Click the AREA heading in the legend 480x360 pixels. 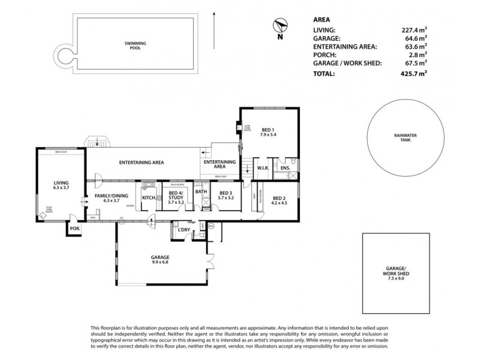(x=322, y=19)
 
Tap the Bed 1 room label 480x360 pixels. (x=268, y=129)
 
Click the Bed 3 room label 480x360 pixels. (x=226, y=193)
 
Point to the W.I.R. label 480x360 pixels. (x=263, y=169)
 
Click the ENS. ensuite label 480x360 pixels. (x=286, y=169)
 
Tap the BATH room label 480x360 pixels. (x=201, y=193)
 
